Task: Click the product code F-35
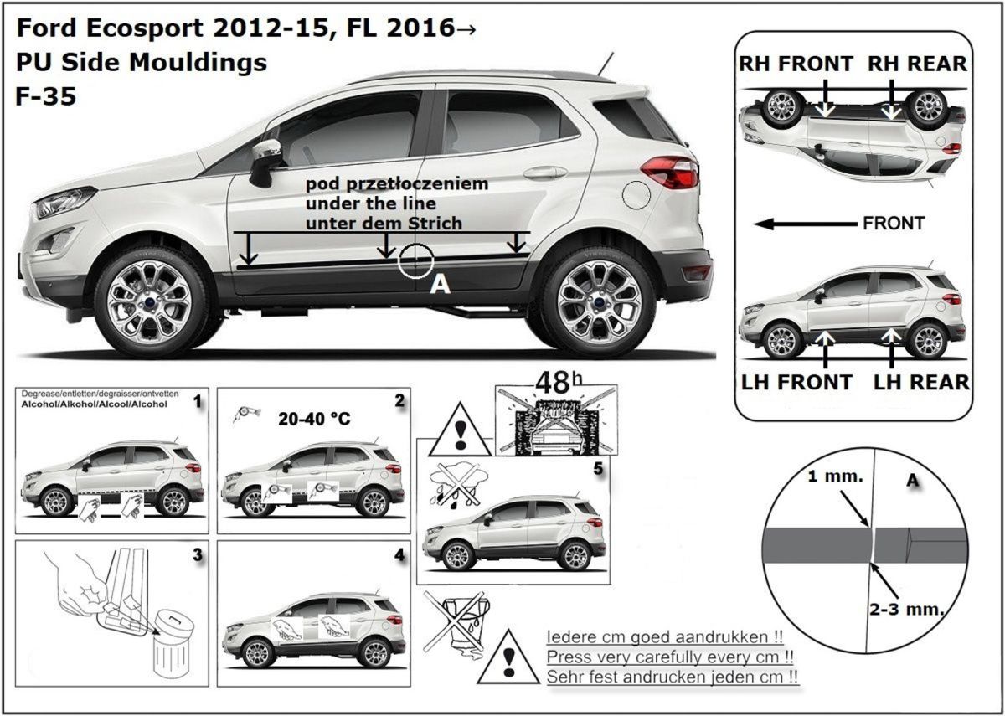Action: coord(46,97)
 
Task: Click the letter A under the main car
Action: coord(439,286)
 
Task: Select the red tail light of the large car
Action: coord(670,173)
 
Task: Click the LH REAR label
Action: coord(921,382)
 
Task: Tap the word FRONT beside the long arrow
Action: coord(893,224)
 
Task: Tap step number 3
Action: coord(197,554)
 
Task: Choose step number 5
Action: coord(597,470)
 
